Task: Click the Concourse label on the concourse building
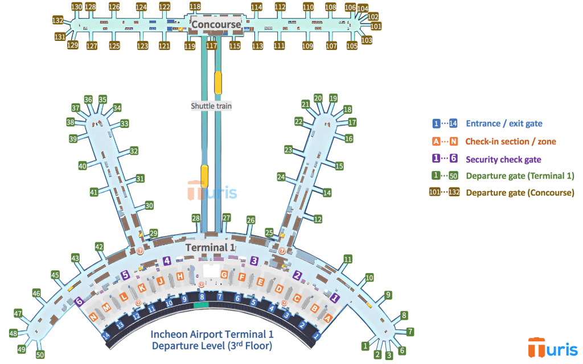(x=216, y=24)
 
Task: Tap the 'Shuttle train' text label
(x=211, y=106)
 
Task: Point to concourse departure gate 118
(x=195, y=7)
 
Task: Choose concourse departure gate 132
(x=57, y=20)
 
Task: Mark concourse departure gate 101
(x=376, y=26)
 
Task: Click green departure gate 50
(x=40, y=355)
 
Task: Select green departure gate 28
(x=196, y=218)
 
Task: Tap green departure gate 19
(x=333, y=98)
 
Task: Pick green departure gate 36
(x=88, y=100)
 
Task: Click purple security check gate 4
(x=167, y=261)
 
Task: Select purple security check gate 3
(x=254, y=260)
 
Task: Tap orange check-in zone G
(x=224, y=275)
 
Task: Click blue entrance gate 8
(x=202, y=297)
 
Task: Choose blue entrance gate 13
(x=120, y=325)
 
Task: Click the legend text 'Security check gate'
(x=503, y=160)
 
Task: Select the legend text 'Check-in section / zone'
(x=511, y=142)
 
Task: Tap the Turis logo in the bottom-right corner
(x=549, y=348)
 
